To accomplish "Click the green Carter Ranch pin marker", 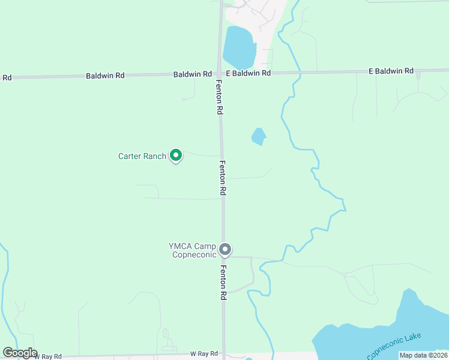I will tap(176, 155).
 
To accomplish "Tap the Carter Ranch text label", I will tap(142, 157).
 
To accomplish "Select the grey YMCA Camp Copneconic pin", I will tap(225, 248).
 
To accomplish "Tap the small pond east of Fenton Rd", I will tap(258, 137).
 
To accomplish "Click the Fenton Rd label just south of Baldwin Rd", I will tap(220, 98).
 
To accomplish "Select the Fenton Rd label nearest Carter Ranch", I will tap(222, 178).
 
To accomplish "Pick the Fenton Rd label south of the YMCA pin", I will tap(223, 283).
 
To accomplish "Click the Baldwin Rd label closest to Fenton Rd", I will tap(192, 74).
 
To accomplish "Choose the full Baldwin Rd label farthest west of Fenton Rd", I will tap(105, 76).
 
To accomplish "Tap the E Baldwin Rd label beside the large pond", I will tap(248, 73).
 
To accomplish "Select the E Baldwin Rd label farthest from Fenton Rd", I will tap(391, 71).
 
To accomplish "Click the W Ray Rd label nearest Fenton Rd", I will tap(203, 354).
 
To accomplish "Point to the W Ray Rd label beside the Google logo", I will tap(48, 356).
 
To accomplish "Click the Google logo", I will tap(20, 353).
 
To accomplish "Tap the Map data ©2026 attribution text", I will tap(423, 355).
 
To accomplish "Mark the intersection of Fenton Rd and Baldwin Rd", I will tap(220, 74).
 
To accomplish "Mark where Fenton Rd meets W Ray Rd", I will tap(224, 354).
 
